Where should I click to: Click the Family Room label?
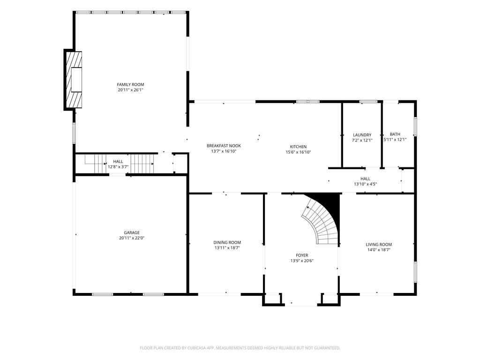coord(130,84)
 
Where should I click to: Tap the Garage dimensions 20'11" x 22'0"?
coord(132,238)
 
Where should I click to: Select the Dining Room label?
coord(227,242)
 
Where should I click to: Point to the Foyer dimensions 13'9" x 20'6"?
coord(302,261)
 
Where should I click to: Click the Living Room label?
coord(379,244)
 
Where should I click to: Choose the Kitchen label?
coord(298,147)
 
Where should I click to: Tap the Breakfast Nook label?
coord(224,146)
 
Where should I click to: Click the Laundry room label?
coord(362,135)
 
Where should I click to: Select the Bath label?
coord(395,134)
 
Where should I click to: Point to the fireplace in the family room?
coord(74,80)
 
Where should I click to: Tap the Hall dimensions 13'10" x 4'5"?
coord(365,184)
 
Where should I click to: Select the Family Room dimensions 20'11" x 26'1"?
coord(130,90)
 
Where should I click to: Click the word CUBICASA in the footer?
coord(197,348)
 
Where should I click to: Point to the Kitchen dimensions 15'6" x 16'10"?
coord(298,152)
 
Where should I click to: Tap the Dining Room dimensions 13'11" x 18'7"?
coord(227,248)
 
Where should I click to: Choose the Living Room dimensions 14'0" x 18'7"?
coord(379,250)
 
